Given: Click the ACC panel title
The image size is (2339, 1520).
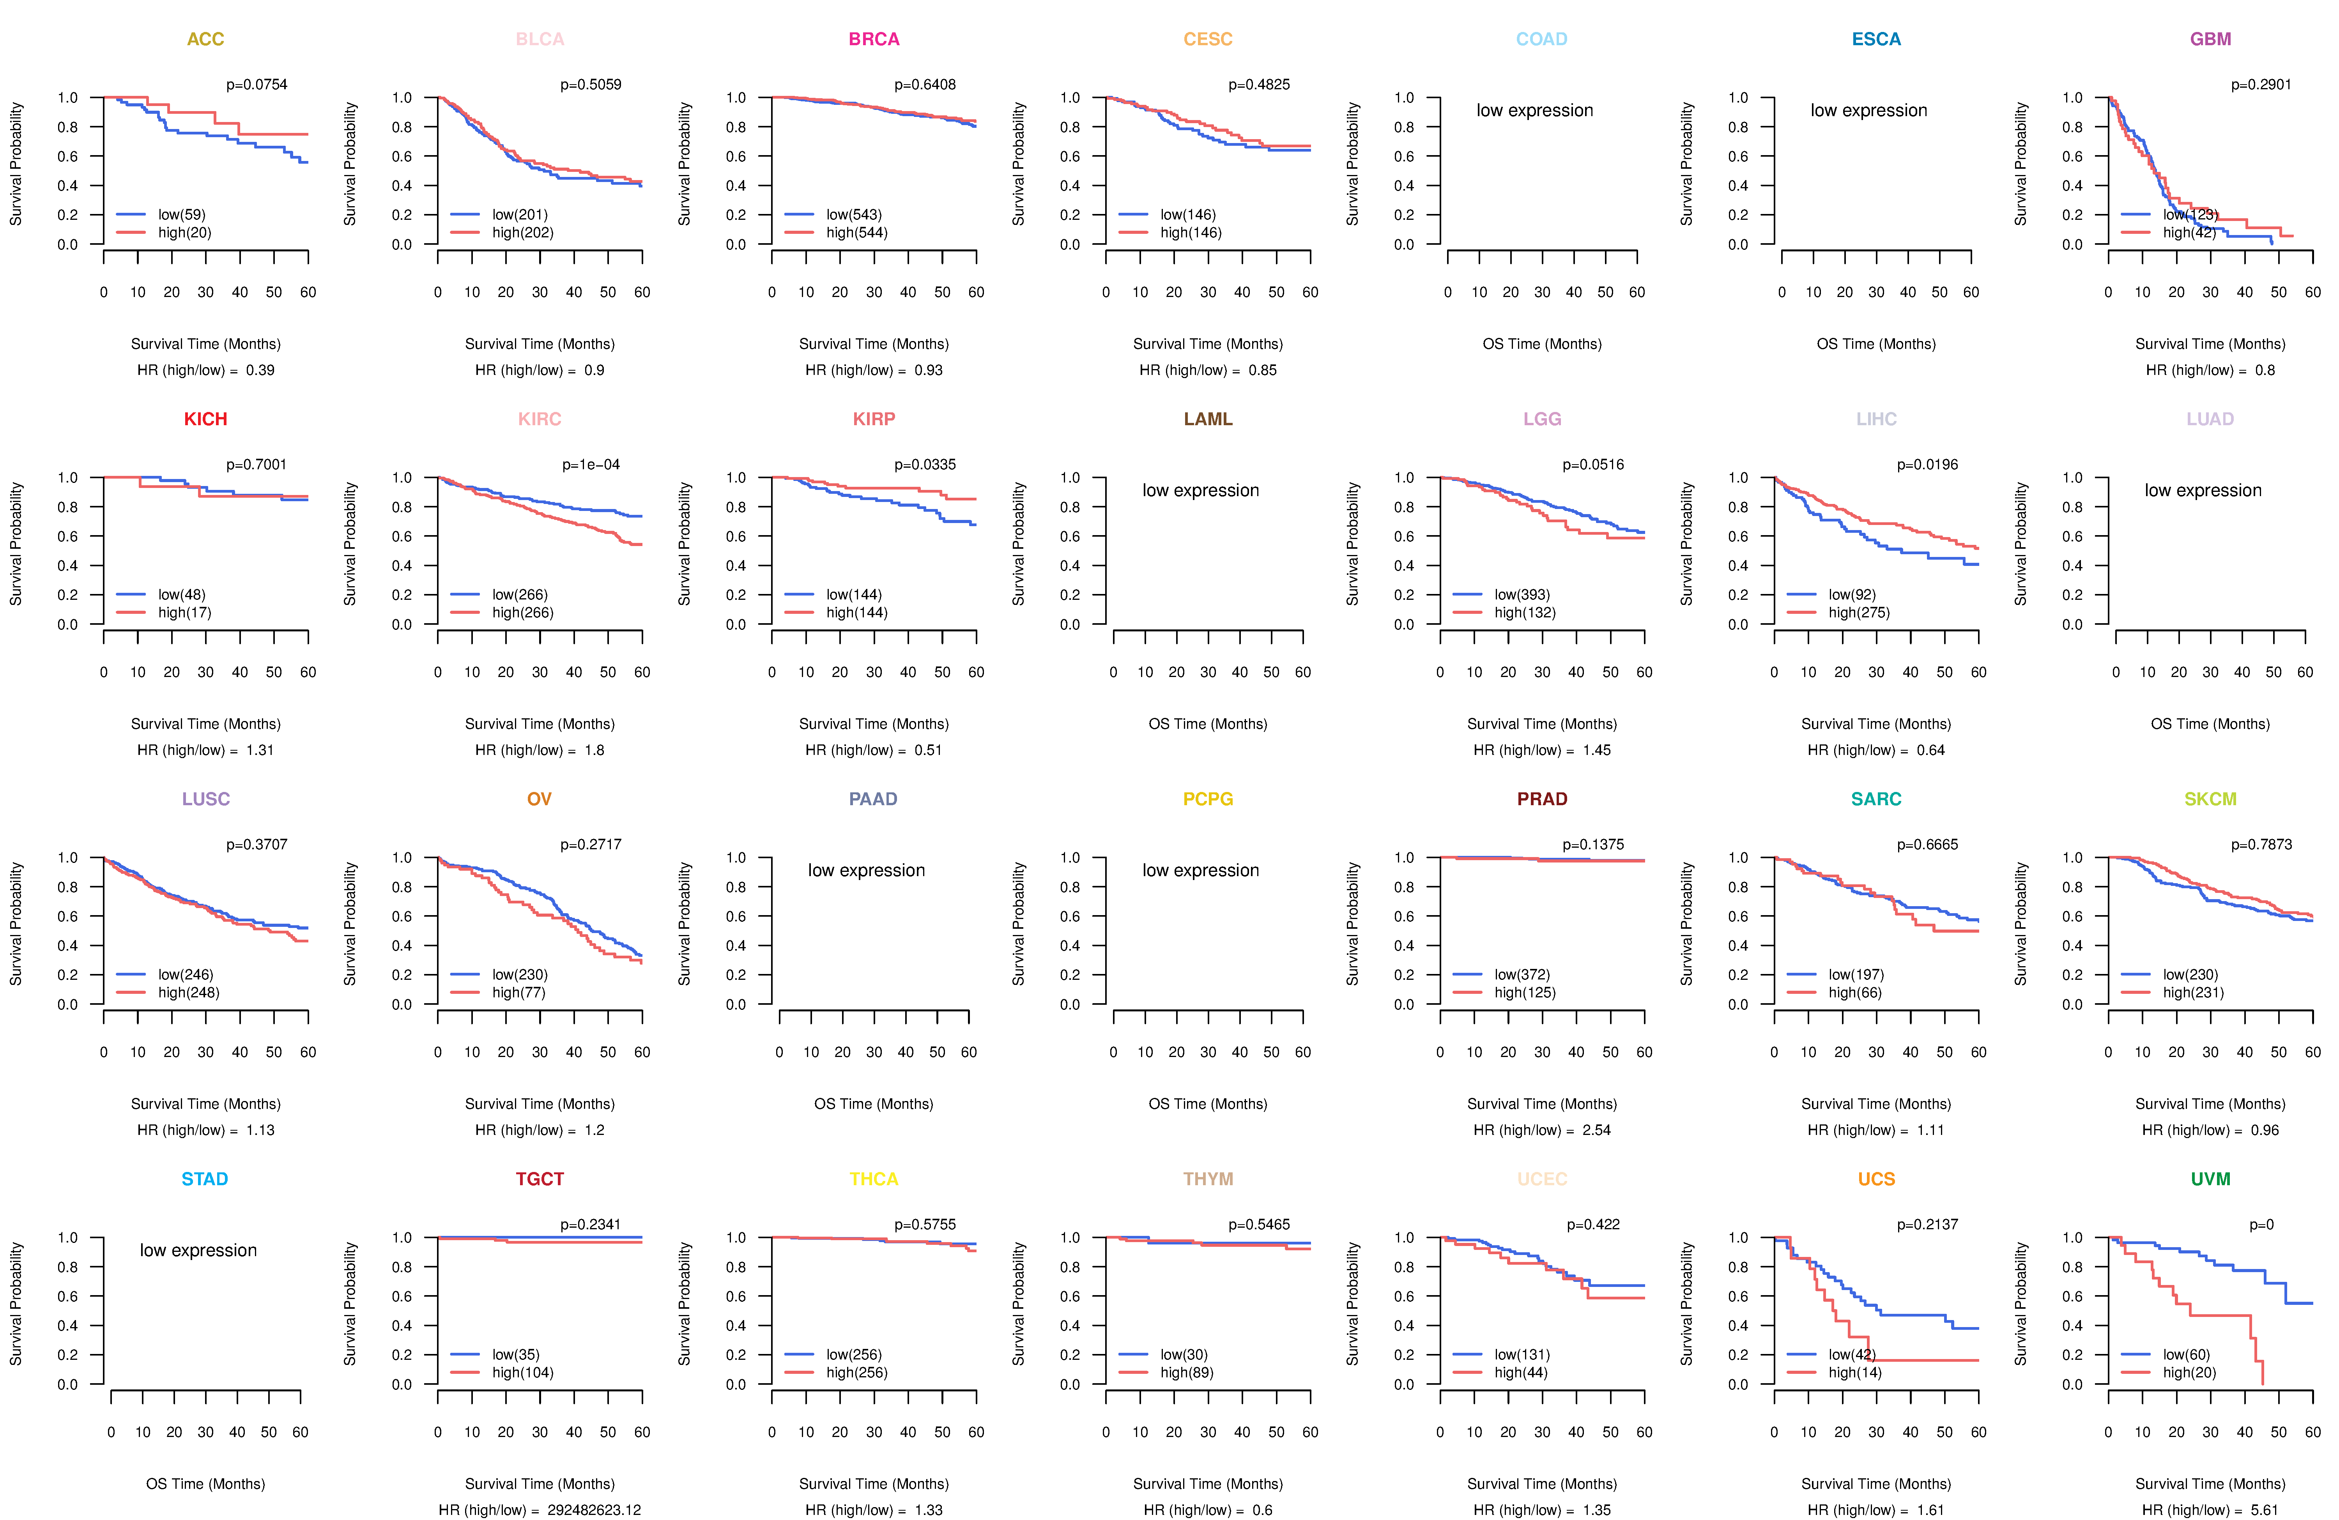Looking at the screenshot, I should (x=205, y=39).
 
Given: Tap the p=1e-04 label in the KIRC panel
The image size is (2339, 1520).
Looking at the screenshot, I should (x=591, y=465).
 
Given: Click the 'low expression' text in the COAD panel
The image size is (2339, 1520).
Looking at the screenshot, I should (x=1534, y=110).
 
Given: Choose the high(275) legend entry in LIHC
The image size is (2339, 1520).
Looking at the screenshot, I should (x=1858, y=612).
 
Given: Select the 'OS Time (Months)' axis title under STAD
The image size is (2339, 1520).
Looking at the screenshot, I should (x=205, y=1484).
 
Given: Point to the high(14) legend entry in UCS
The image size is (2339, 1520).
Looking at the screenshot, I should (x=1854, y=1373).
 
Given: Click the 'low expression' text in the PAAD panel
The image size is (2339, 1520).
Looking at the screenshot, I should (x=866, y=871).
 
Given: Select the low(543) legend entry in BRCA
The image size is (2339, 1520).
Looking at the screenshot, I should (x=853, y=214).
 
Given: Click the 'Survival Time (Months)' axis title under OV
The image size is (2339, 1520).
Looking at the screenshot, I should (x=540, y=1103).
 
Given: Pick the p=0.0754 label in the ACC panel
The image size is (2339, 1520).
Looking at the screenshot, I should (x=257, y=85).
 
